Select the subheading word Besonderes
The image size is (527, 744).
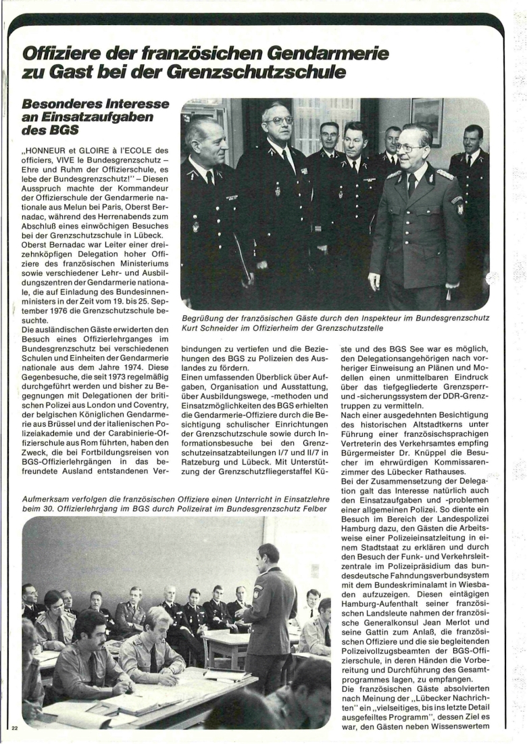[x=63, y=106]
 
